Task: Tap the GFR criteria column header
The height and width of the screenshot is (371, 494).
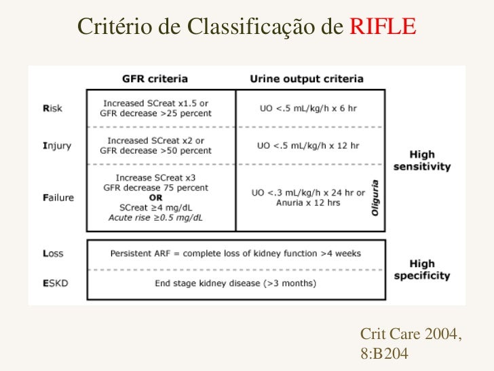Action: click(155, 78)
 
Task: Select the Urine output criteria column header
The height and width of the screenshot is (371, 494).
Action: click(307, 78)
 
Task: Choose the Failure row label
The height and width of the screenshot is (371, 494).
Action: click(56, 198)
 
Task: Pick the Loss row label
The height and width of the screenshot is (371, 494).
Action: click(52, 253)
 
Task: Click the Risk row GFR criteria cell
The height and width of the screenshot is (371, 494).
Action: click(157, 108)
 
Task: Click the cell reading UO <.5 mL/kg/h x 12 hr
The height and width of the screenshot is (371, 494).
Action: click(308, 145)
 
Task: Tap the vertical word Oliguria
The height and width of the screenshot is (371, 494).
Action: click(375, 198)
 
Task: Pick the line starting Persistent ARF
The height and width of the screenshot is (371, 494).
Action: click(235, 253)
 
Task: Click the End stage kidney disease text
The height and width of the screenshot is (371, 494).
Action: click(235, 282)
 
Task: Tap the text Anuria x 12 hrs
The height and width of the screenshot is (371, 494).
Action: click(307, 202)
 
